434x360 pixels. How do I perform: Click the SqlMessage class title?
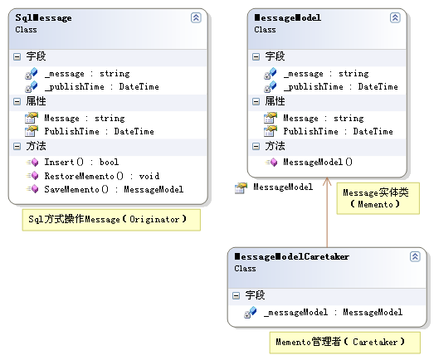pyautogui.click(x=43, y=18)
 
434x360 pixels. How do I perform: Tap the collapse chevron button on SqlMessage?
pyautogui.click(x=196, y=17)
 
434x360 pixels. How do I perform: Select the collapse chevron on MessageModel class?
pyautogui.click(x=395, y=17)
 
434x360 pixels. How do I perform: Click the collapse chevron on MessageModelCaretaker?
pyautogui.click(x=415, y=256)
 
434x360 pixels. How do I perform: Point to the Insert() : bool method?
pyautogui.click(x=81, y=162)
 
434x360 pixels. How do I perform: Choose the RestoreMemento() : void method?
pyautogui.click(x=102, y=176)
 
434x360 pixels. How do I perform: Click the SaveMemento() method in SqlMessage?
pyautogui.click(x=114, y=190)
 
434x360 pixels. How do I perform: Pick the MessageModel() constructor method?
pyautogui.click(x=318, y=162)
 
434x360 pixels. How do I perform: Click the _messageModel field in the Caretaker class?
pyautogui.click(x=333, y=313)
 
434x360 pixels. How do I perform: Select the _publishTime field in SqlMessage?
pyautogui.click(x=101, y=87)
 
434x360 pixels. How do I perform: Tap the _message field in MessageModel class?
pyautogui.click(x=326, y=74)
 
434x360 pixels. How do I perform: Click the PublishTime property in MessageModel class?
pyautogui.click(x=338, y=131)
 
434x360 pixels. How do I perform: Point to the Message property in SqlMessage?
pyautogui.click(x=85, y=119)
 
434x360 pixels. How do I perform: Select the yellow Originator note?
pyautogui.click(x=111, y=220)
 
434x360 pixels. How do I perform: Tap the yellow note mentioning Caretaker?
pyautogui.click(x=345, y=343)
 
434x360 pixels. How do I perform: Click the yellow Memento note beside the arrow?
pyautogui.click(x=378, y=198)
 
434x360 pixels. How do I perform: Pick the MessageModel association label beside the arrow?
pyautogui.click(x=283, y=187)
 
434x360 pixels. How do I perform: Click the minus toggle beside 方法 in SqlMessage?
pyautogui.click(x=17, y=146)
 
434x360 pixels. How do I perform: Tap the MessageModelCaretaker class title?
pyautogui.click(x=291, y=257)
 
